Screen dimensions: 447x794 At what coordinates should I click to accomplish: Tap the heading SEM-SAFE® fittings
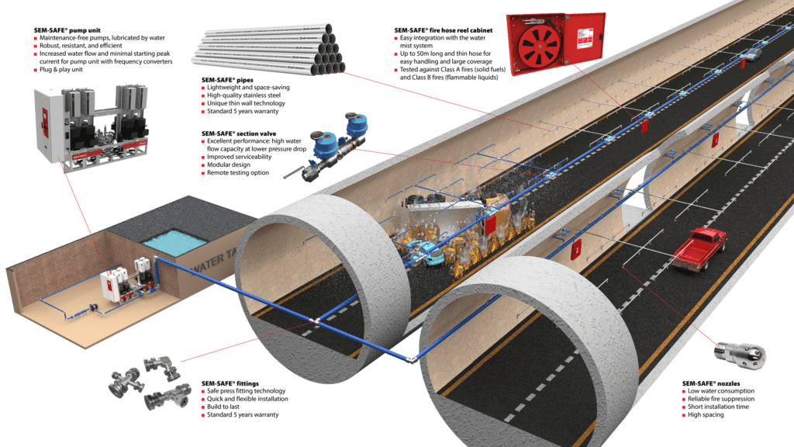click(x=230, y=383)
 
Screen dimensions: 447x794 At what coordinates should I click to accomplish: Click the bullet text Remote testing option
click(x=237, y=172)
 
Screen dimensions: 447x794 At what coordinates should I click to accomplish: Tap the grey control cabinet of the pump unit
click(x=46, y=124)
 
